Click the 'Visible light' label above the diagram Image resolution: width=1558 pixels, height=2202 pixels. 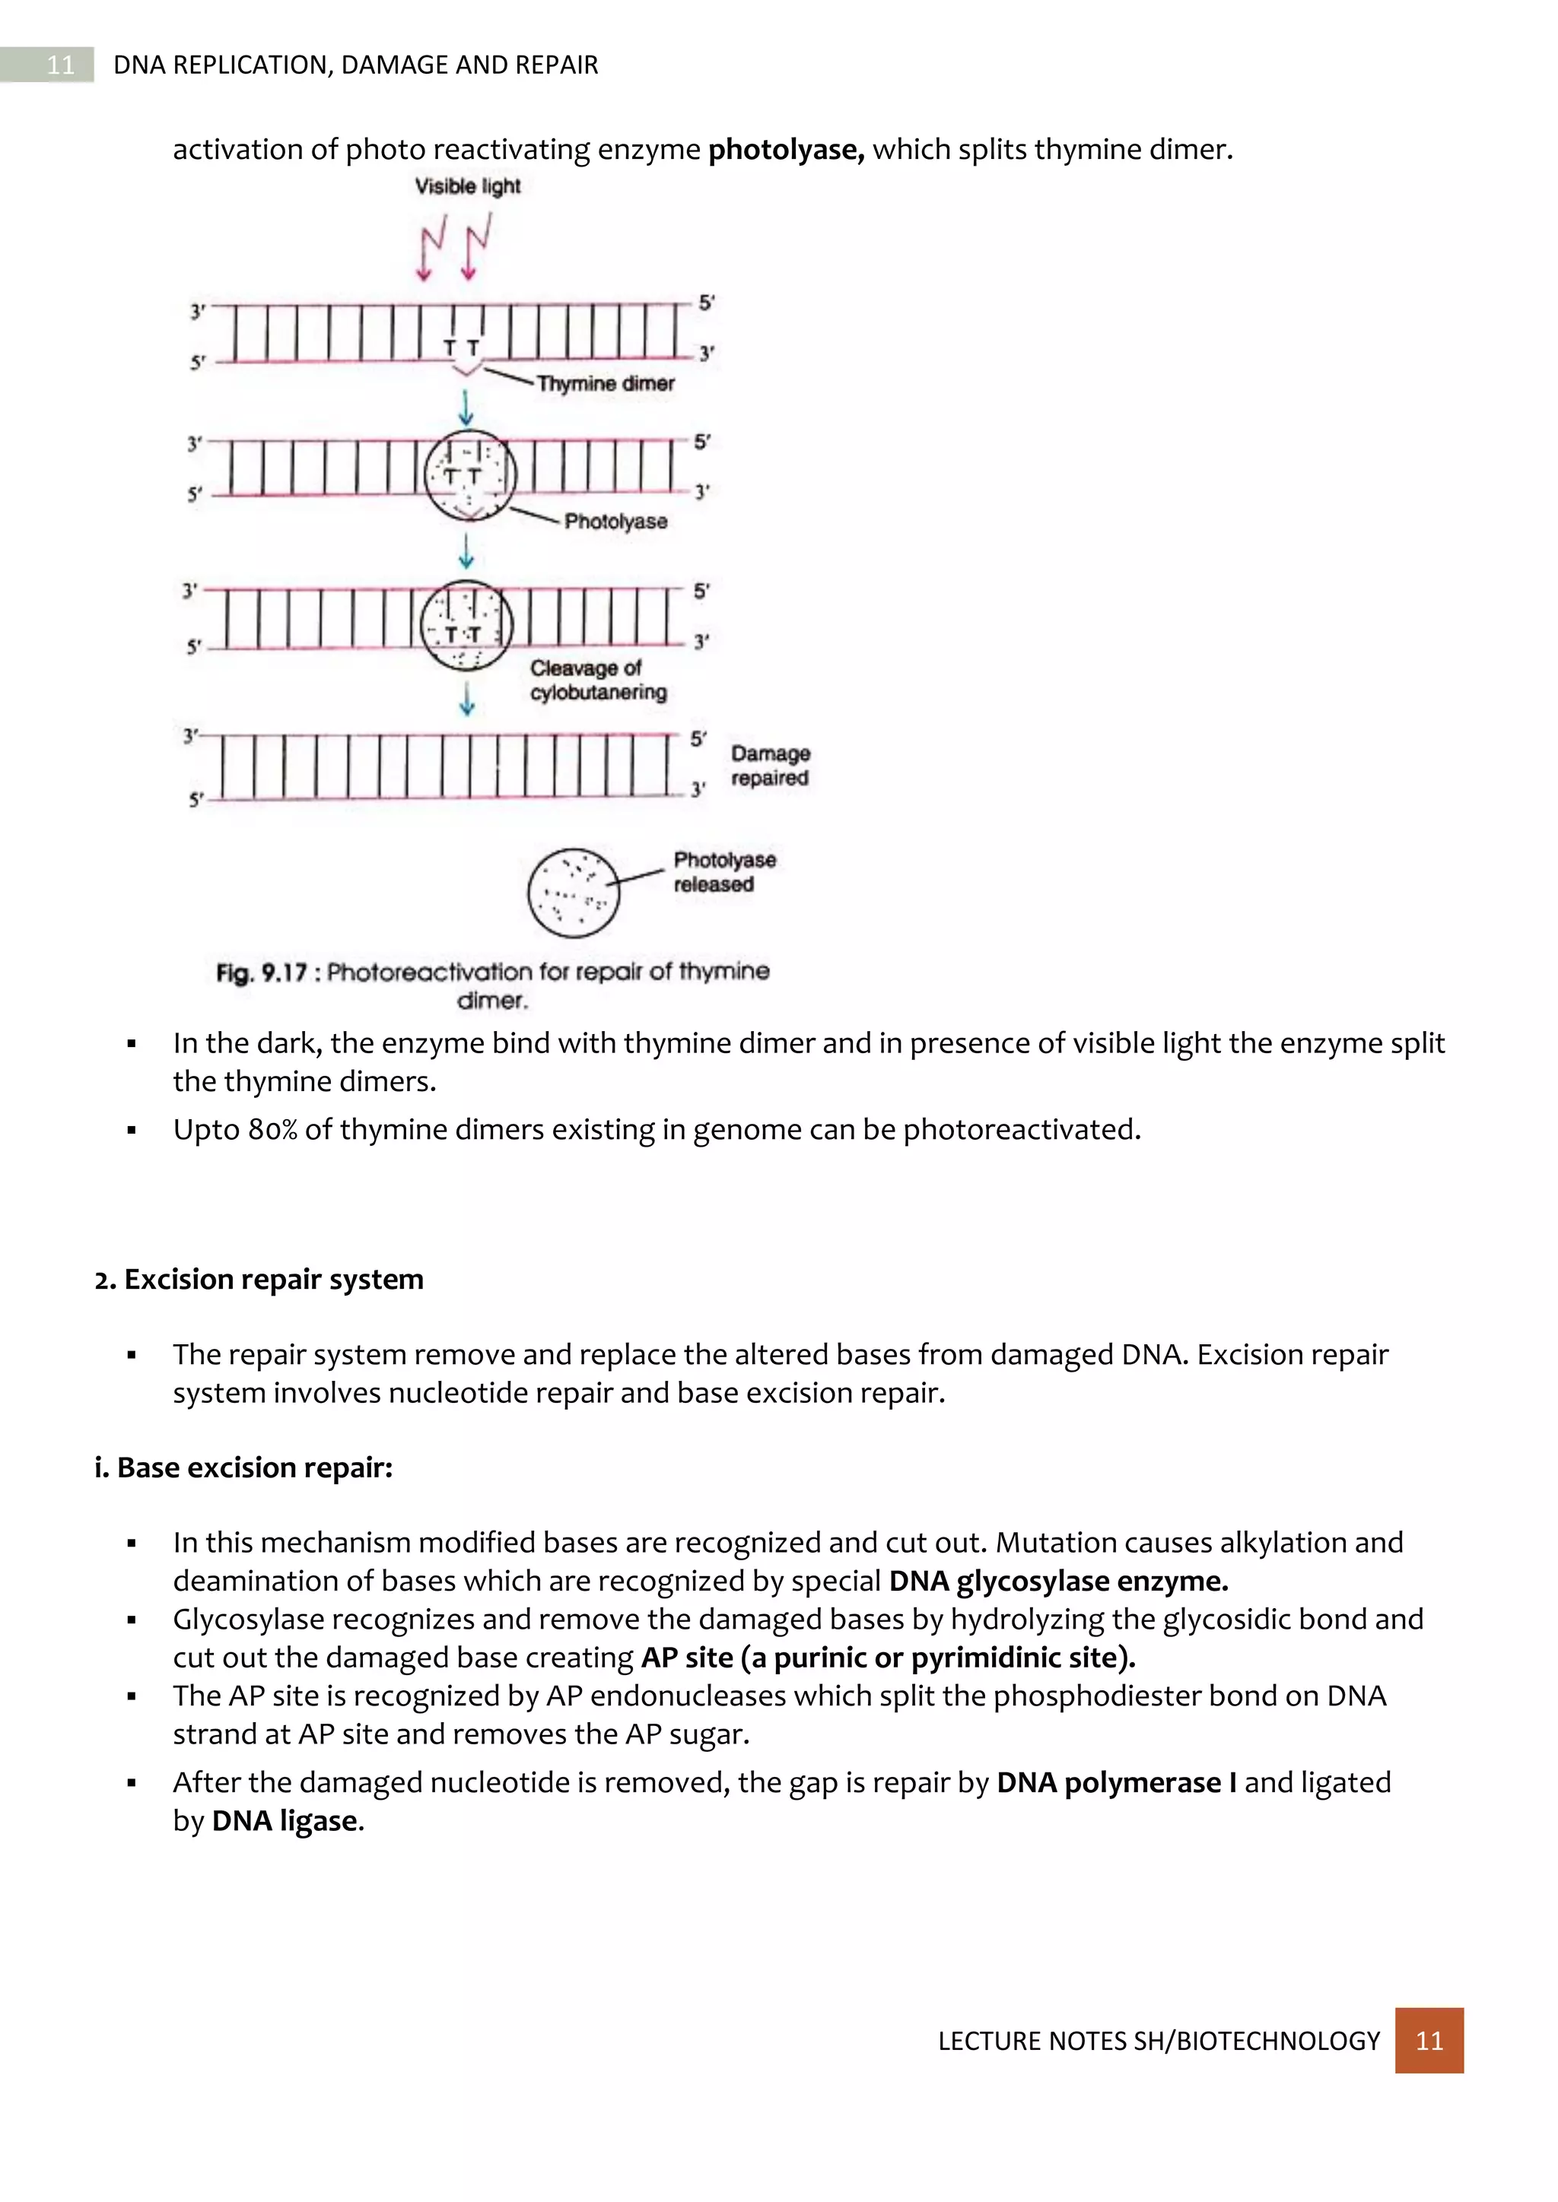[467, 186]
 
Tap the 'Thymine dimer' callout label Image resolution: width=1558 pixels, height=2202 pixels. [606, 384]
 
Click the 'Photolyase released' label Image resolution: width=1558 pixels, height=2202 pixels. [723, 872]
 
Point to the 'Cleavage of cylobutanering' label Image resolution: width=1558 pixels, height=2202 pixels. [598, 680]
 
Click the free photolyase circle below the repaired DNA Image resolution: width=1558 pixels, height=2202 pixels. [574, 892]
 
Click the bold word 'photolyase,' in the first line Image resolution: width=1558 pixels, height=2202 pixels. [786, 150]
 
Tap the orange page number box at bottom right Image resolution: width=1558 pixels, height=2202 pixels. [1429, 2040]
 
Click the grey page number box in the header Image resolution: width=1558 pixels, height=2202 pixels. [59, 65]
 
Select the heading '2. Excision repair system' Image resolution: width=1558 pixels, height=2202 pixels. [259, 1280]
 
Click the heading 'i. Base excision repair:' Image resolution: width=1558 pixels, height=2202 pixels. [243, 1467]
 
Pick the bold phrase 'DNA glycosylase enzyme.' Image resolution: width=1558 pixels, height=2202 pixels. [1058, 1581]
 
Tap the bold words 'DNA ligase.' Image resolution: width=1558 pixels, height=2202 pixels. [288, 1820]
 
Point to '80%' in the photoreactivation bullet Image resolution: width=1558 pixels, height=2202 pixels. [272, 1130]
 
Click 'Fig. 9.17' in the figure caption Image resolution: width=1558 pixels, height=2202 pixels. [261, 972]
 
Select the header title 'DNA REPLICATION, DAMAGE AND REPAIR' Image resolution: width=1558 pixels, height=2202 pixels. [355, 65]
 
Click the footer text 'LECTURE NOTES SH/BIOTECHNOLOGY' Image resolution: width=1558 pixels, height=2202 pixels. [1158, 2041]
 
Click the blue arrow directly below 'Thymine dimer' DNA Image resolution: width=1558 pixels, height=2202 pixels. [466, 408]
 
